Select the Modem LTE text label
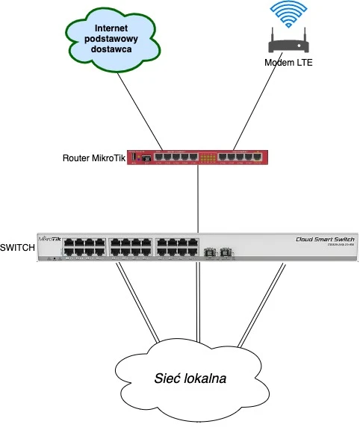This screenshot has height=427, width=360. (288, 63)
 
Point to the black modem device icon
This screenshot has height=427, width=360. (288, 42)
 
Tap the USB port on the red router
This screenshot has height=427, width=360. (147, 158)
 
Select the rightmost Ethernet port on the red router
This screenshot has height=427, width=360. (258, 158)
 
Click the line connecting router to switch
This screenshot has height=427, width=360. (198, 198)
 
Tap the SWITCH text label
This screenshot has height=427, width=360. (17, 248)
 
